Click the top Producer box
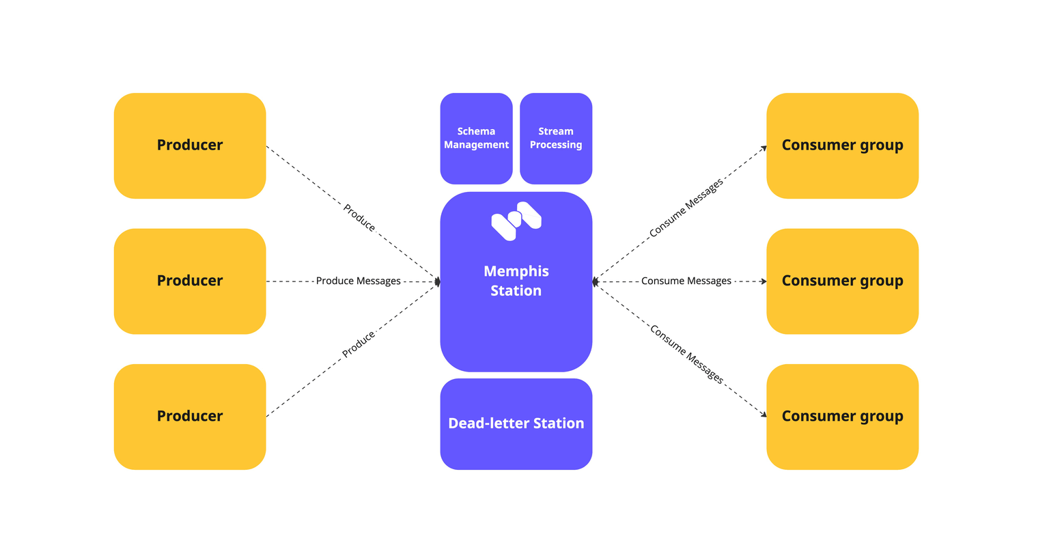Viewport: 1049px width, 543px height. [x=190, y=145]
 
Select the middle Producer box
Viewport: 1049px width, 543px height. [x=190, y=281]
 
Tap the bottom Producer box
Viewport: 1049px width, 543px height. [x=190, y=417]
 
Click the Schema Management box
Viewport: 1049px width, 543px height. [x=476, y=138]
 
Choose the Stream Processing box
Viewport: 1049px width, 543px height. [x=556, y=138]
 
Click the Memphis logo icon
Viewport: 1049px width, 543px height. [x=516, y=221]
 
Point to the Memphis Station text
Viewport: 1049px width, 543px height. [x=516, y=281]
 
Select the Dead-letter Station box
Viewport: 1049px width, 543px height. [x=516, y=423]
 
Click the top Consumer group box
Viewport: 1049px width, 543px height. [x=842, y=145]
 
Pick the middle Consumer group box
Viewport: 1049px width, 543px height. [x=842, y=281]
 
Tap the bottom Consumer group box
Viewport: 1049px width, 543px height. [x=842, y=417]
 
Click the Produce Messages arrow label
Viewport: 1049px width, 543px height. [x=358, y=281]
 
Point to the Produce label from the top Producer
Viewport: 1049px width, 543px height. [x=359, y=218]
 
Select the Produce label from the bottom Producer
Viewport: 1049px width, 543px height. [x=359, y=344]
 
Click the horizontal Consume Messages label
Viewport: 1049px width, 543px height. [x=686, y=281]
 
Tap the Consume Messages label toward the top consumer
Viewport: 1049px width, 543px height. [x=686, y=208]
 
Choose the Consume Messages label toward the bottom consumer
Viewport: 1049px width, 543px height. [x=686, y=354]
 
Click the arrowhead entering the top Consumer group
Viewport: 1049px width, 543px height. [x=764, y=148]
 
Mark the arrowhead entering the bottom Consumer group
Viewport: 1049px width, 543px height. [x=764, y=414]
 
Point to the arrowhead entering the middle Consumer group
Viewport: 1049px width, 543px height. [x=764, y=281]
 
